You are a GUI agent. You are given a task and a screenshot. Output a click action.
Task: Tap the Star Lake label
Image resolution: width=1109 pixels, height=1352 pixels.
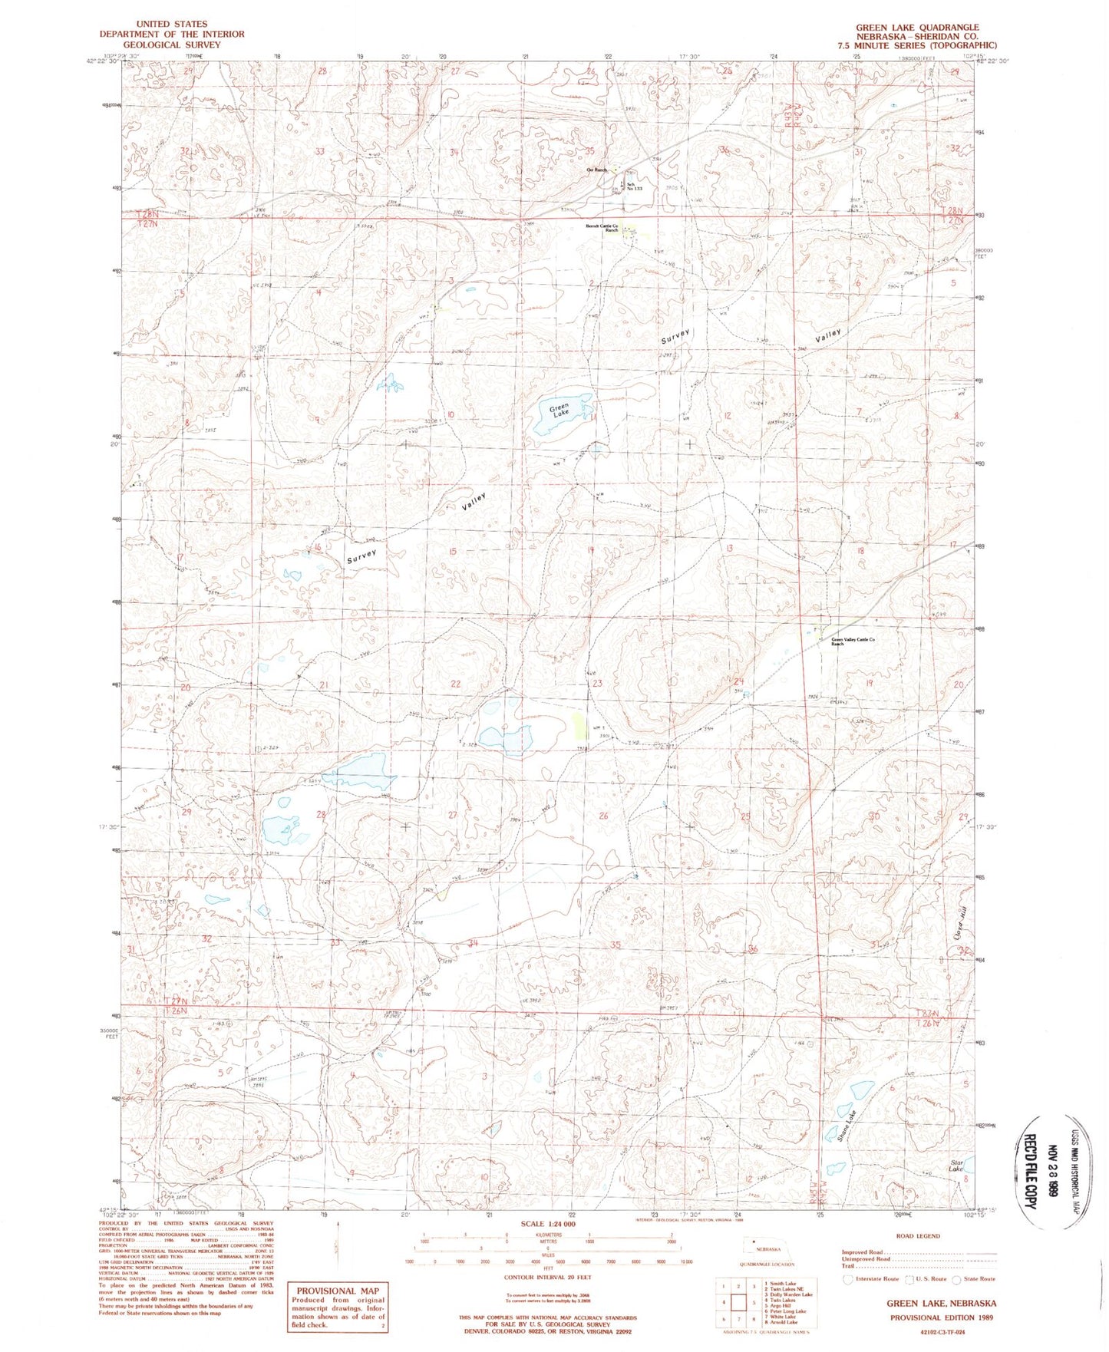coord(956,1166)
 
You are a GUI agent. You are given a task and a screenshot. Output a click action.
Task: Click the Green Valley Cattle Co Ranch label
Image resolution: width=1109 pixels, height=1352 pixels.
coord(853,641)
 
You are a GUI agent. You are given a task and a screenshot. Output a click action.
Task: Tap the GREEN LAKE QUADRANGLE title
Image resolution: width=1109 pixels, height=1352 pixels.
coord(917,27)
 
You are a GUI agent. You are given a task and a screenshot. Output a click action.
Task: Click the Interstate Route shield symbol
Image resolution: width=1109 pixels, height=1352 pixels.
coord(847,1278)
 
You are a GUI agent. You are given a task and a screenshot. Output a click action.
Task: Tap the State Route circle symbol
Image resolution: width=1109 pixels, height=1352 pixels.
coord(956,1278)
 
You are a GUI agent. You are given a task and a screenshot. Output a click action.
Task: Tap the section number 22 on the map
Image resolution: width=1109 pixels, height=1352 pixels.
coord(455,683)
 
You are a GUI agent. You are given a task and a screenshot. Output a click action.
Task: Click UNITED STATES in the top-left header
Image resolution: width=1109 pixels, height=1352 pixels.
coord(171,24)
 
